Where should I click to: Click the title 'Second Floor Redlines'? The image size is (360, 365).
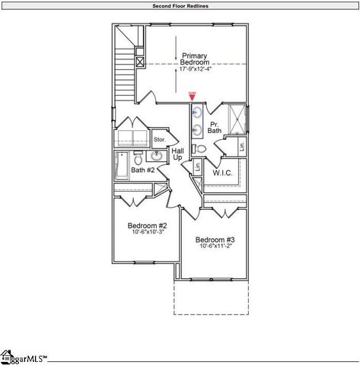pos(180,5)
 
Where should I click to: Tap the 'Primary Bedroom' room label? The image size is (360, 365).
pos(195,59)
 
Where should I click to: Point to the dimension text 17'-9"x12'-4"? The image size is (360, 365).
pos(195,70)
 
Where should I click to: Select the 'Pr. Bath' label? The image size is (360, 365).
pos(215,126)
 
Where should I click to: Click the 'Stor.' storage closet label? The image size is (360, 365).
pos(160,140)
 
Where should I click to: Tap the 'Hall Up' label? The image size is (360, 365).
pos(177,155)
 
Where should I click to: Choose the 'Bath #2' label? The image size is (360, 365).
pos(143,170)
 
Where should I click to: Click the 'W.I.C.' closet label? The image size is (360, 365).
pos(222,173)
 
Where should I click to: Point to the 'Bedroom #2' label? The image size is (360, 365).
pos(147,226)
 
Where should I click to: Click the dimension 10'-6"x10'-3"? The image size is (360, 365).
pos(147,233)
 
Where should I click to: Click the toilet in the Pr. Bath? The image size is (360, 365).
pos(196,148)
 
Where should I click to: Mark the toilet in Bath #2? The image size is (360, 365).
pos(138,159)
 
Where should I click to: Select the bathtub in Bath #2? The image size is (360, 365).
pos(123,166)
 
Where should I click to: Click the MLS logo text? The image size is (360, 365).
pos(27,357)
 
